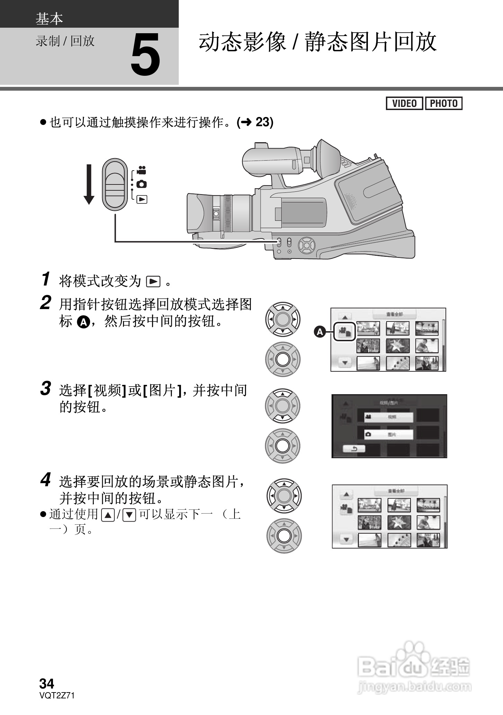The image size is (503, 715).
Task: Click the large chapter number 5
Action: (145, 55)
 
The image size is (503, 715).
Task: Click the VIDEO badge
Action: (404, 103)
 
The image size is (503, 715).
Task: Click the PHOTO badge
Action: (444, 103)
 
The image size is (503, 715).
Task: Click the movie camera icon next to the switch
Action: (141, 170)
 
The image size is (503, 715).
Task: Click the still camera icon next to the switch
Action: (141, 184)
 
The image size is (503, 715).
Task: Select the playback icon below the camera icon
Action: (142, 199)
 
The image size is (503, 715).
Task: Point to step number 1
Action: (45, 279)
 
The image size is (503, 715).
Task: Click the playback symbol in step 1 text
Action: (153, 281)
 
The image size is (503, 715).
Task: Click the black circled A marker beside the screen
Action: (320, 332)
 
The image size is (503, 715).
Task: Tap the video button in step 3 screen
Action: (389, 417)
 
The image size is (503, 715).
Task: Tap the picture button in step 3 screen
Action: (389, 434)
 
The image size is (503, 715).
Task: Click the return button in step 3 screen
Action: (354, 449)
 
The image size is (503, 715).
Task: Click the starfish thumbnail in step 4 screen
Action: (399, 523)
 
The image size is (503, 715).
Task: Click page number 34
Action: (47, 684)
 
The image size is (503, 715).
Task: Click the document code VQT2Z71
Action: (57, 696)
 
